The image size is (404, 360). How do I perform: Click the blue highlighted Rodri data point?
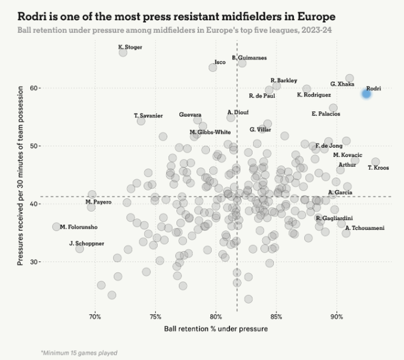366,93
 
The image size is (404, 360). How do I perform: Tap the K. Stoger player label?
130,47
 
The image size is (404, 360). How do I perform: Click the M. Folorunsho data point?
57,227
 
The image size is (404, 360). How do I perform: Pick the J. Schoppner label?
86,244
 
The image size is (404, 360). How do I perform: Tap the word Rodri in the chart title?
30,17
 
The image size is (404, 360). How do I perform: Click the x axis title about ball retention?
216,329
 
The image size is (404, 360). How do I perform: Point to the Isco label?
220,62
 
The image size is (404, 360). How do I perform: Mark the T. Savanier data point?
141,121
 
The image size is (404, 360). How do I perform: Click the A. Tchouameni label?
365,228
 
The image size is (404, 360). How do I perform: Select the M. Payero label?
99,202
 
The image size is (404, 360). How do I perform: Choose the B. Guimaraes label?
249,58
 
